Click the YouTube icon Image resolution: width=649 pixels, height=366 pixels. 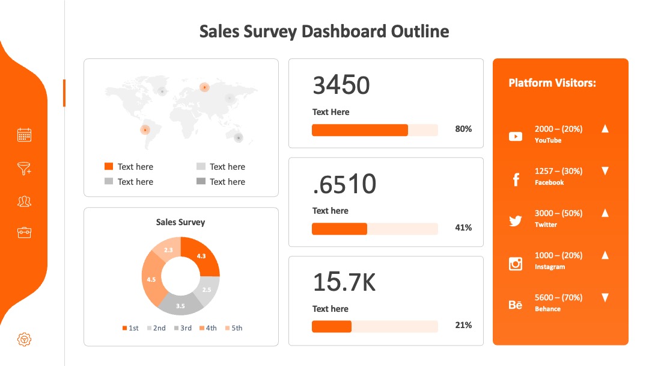point(516,137)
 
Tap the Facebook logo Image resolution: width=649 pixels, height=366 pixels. point(516,179)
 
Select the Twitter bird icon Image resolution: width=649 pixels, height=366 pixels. point(516,221)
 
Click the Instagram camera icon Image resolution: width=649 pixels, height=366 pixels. point(516,264)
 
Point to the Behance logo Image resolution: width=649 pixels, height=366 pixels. point(516,305)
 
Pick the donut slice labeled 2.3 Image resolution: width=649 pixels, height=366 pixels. point(168,249)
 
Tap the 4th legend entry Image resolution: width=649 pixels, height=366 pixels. point(208,328)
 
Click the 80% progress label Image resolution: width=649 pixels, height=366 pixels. point(463,129)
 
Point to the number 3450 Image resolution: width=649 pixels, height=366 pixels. point(341,85)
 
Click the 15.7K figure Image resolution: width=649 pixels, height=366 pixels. point(344,282)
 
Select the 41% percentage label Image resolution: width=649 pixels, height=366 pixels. point(463,228)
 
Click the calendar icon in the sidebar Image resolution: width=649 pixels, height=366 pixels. point(25,135)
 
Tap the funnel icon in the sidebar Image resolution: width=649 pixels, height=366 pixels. point(25,169)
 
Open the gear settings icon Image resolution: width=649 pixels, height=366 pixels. point(25,340)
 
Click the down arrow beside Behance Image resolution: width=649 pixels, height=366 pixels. point(605,297)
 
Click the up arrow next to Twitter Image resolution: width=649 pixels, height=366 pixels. point(605,212)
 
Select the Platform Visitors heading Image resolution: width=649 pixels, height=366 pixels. point(552,83)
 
